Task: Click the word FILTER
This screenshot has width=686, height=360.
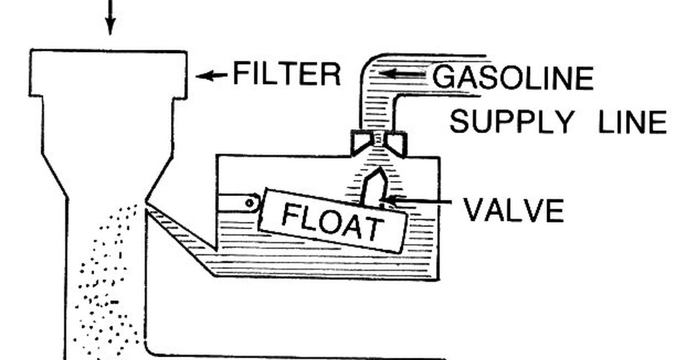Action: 287,74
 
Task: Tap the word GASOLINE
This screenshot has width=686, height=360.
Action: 513,78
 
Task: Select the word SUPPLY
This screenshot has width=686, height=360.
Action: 512,122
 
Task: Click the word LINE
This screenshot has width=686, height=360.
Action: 632,122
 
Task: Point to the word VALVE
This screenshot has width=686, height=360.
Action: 514,210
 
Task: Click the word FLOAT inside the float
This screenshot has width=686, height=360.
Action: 332,221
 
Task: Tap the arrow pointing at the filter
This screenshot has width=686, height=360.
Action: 212,75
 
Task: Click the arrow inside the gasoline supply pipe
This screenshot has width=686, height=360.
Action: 402,74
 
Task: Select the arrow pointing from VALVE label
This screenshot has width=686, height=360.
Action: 416,201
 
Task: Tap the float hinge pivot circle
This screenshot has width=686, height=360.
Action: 250,203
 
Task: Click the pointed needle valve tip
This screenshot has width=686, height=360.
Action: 380,169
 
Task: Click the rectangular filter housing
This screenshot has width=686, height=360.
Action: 108,74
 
